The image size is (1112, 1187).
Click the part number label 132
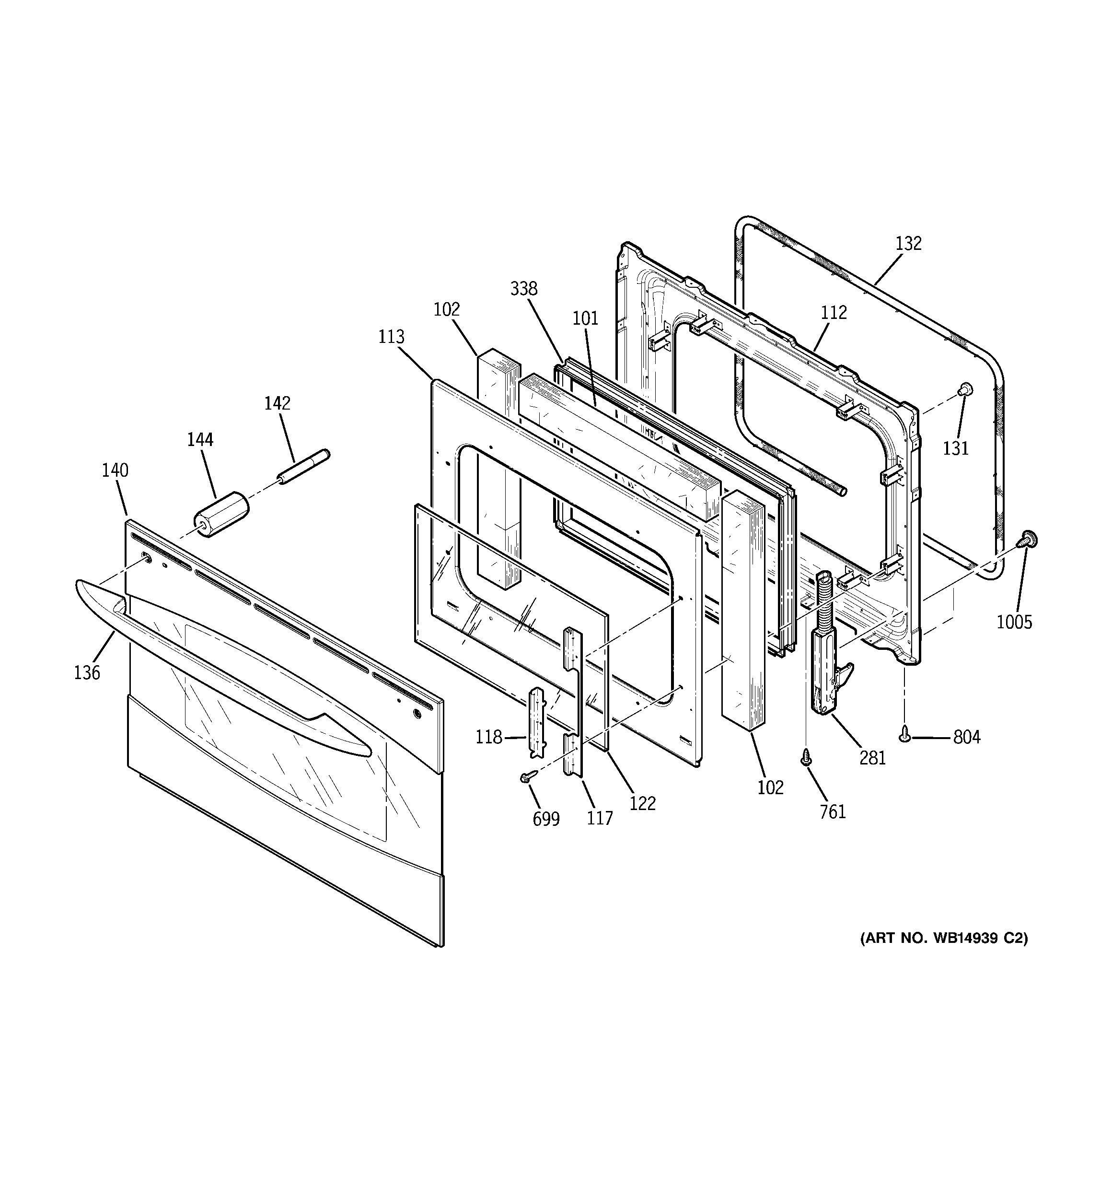click(908, 244)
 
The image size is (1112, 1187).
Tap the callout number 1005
click(1014, 622)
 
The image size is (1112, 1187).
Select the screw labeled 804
click(905, 737)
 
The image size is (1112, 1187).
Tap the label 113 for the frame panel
click(391, 337)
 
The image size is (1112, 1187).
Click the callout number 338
click(523, 289)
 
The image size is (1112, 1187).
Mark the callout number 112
click(833, 312)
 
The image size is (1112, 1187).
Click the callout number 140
click(115, 470)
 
